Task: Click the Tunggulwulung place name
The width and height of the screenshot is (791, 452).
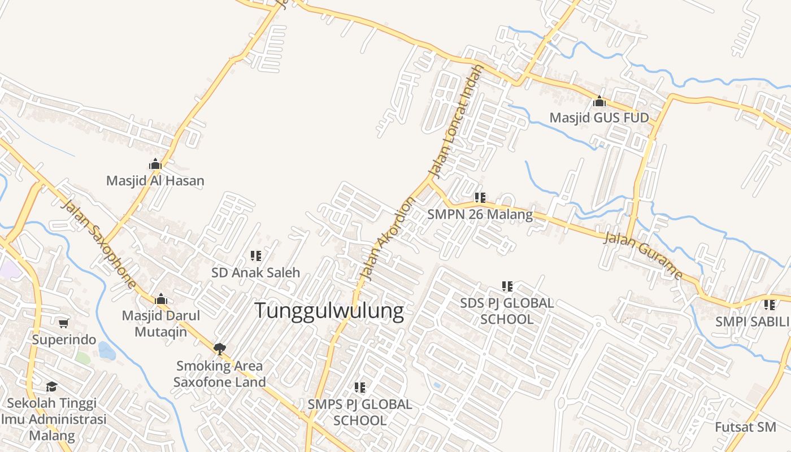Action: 329,311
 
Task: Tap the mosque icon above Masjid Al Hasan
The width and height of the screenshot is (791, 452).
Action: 155,164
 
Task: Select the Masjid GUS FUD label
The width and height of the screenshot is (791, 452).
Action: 599,118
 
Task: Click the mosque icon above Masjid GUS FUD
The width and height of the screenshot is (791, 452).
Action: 599,102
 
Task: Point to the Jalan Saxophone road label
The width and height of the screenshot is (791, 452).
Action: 99,244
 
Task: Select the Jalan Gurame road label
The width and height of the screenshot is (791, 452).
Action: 643,255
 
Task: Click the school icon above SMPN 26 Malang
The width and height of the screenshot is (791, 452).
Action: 480,198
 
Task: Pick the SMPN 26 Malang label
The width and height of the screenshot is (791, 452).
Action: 480,215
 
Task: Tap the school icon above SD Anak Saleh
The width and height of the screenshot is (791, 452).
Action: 256,256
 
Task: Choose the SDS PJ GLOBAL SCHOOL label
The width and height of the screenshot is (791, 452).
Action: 507,311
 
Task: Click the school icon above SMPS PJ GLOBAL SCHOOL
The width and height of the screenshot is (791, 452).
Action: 360,388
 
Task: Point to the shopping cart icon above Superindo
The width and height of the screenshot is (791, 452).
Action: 64,323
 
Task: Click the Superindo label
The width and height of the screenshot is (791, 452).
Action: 64,340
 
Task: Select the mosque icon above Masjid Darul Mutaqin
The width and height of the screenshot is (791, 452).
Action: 161,298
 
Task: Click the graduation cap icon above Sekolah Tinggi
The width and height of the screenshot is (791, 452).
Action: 52,386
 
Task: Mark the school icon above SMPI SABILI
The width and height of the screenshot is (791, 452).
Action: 770,305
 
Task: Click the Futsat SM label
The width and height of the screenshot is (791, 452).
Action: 750,427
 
